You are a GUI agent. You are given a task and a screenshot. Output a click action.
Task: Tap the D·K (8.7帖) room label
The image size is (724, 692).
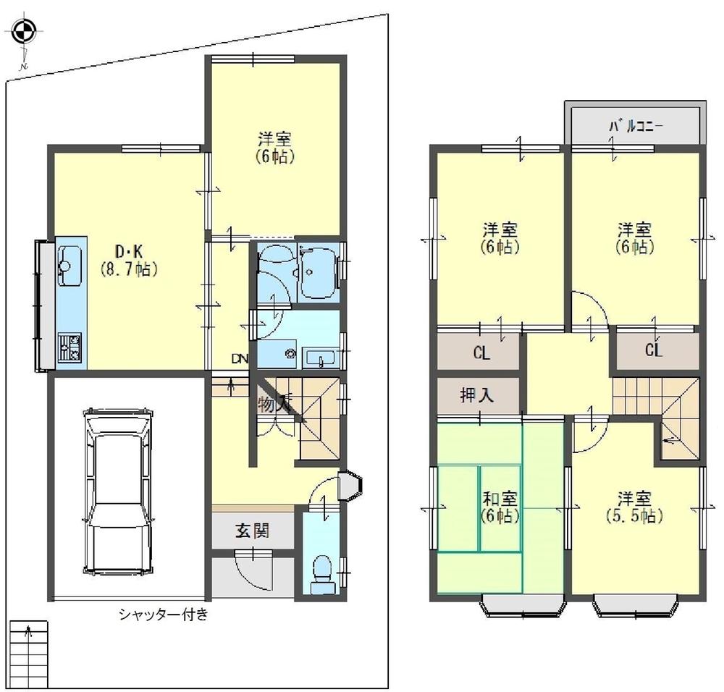(x=129, y=260)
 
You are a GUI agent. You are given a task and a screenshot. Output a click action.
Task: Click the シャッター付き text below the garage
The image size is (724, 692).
(x=164, y=615)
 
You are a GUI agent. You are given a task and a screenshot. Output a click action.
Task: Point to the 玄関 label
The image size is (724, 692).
(x=253, y=531)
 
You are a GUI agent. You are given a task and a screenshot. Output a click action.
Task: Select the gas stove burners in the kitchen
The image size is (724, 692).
(x=70, y=347)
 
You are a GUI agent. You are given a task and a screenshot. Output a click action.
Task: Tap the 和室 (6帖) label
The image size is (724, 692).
(x=499, y=507)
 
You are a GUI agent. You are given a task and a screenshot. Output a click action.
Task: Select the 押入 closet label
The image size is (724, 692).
(x=477, y=395)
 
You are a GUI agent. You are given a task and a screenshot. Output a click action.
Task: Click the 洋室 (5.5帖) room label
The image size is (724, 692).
(x=635, y=507)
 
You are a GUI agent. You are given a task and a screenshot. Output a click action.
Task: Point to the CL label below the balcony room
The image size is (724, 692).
(x=654, y=352)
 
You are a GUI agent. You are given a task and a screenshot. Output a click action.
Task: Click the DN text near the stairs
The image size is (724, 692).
(x=239, y=358)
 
